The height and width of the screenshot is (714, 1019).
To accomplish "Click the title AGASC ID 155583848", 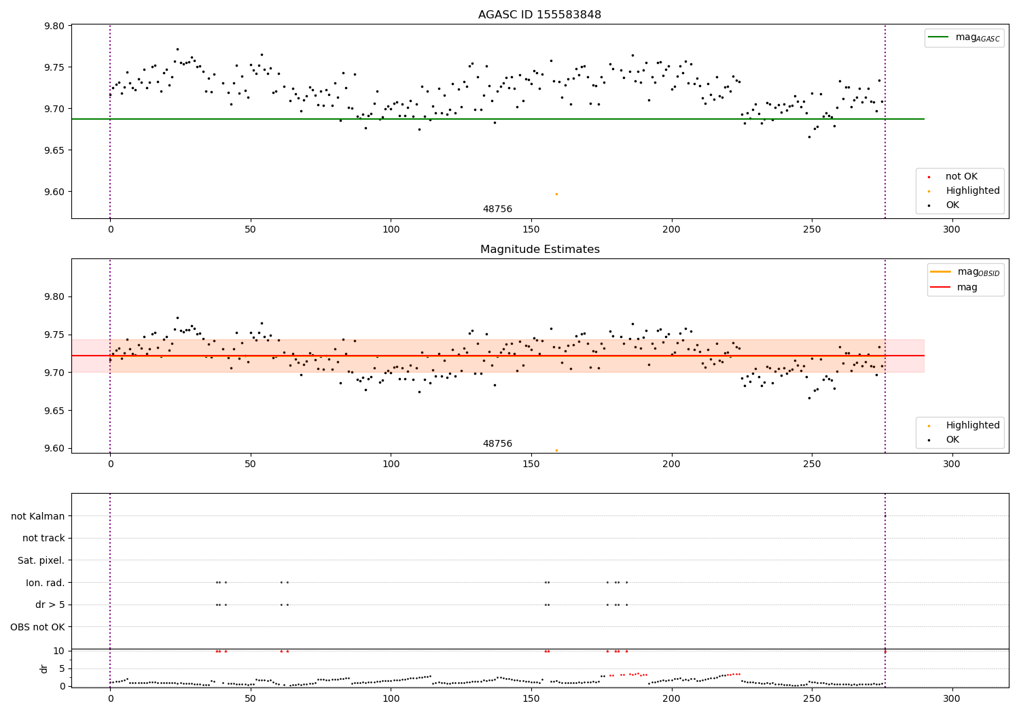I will click(539, 15).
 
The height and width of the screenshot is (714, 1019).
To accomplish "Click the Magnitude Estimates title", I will click(539, 250).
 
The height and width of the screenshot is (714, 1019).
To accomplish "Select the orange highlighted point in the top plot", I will click(556, 194).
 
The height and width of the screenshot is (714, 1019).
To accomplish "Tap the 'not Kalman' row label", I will click(38, 516).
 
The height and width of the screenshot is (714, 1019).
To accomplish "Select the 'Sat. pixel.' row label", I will click(41, 560).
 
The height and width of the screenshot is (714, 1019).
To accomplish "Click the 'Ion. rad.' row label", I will click(45, 583).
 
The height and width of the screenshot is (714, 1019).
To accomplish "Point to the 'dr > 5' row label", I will click(50, 605).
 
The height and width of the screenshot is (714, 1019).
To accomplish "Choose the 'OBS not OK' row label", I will click(37, 627).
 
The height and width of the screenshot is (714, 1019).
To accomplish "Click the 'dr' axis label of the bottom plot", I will click(44, 668).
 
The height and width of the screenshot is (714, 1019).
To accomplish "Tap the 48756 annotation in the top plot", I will click(497, 209).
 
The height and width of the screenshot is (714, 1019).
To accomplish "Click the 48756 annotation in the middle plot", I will click(497, 444).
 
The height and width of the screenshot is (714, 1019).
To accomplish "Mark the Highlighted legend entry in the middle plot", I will click(972, 426).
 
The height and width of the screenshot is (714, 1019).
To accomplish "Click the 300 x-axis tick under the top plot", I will click(952, 230).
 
